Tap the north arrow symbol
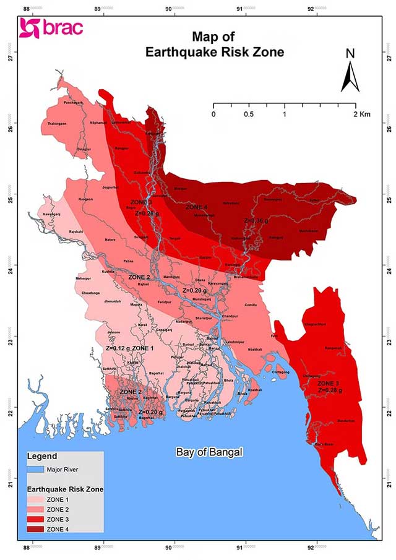click(350, 73)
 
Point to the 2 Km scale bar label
click(362, 115)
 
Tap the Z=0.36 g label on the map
click(256, 220)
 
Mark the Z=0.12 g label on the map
click(117, 349)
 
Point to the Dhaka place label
click(200, 280)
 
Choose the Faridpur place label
click(164, 301)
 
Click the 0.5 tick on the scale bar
click(249, 115)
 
